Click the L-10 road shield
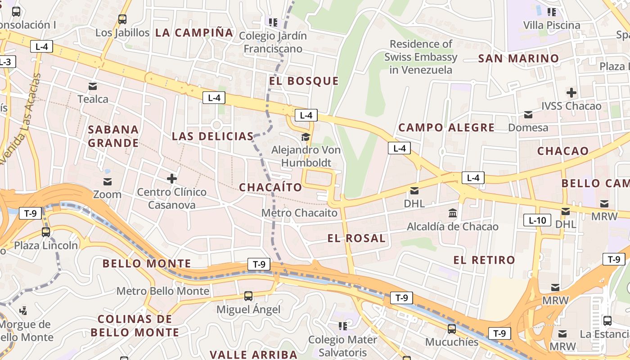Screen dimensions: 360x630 pyautogui.click(x=537, y=220)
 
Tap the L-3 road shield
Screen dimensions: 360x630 pyautogui.click(x=5, y=62)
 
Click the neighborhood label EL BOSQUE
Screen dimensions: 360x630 pyautogui.click(x=304, y=81)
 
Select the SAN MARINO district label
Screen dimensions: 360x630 pyautogui.click(x=518, y=58)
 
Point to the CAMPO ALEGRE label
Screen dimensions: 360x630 pyautogui.click(x=446, y=128)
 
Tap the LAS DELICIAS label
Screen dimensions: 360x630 pyautogui.click(x=213, y=136)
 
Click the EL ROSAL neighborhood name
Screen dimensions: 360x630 pyautogui.click(x=356, y=238)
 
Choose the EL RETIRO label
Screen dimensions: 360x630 pyautogui.click(x=484, y=260)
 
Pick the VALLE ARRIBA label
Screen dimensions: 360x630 pyautogui.click(x=254, y=355)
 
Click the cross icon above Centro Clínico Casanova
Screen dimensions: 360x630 pyautogui.click(x=172, y=179)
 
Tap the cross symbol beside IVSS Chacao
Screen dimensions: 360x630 pyautogui.click(x=571, y=93)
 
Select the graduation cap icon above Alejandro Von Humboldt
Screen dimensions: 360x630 pyautogui.click(x=306, y=137)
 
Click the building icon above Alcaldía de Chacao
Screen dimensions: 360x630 pyautogui.click(x=453, y=212)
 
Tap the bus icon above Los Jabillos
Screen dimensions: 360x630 pyautogui.click(x=122, y=19)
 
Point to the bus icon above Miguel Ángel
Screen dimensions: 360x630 pyautogui.click(x=248, y=296)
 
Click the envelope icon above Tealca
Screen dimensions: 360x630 pyautogui.click(x=93, y=86)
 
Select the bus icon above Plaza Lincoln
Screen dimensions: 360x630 pyautogui.click(x=46, y=232)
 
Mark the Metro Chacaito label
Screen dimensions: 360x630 pyautogui.click(x=299, y=213)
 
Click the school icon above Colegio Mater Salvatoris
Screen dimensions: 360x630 pyautogui.click(x=343, y=325)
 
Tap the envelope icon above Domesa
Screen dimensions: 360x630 pyautogui.click(x=528, y=115)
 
